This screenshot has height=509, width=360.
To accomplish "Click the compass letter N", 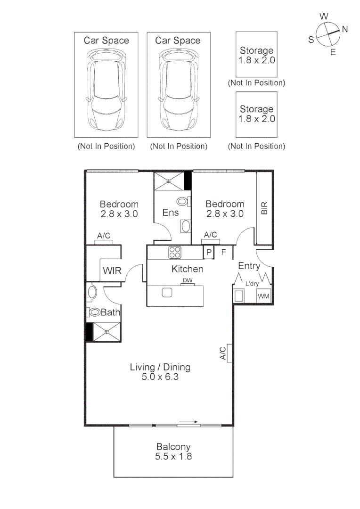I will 344,29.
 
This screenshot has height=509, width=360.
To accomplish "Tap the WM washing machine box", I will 263,296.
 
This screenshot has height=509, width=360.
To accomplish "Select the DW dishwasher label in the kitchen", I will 187,281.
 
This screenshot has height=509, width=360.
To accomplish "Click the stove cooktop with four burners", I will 175,253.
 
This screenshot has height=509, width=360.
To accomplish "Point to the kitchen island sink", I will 167,292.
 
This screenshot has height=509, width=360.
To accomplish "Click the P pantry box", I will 208,252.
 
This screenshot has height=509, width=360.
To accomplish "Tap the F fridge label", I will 224,252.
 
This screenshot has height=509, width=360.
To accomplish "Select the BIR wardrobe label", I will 264,208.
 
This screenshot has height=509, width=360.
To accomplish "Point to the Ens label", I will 170,213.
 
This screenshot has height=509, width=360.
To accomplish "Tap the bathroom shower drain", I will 107,332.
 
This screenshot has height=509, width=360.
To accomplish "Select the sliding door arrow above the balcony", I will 188,422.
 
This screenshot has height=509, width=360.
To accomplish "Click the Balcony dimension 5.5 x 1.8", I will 173,456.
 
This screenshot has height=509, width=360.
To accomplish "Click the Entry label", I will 249,266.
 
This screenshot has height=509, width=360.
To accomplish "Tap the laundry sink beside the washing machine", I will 239,296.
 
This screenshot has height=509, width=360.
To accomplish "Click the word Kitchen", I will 187,269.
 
